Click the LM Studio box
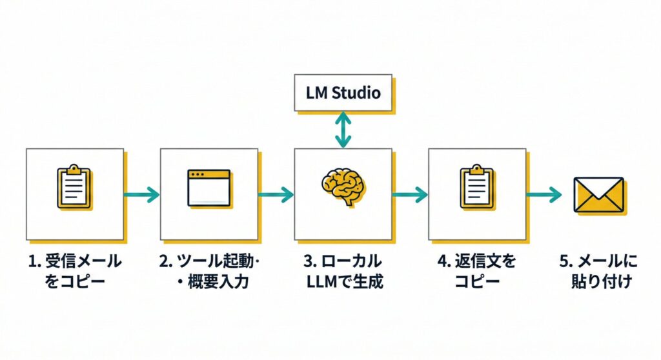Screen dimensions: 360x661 [x=343, y=92]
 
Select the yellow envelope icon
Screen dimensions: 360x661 [x=598, y=194]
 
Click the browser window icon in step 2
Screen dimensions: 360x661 [x=208, y=188]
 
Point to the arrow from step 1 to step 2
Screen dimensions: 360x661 [x=141, y=194]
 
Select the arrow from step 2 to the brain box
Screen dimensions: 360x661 [x=276, y=194]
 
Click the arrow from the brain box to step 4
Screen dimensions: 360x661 [x=410, y=194]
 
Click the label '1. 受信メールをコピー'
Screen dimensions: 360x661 [x=75, y=272]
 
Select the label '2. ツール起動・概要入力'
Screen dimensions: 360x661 [x=208, y=272]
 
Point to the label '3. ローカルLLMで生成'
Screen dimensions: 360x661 [x=342, y=272]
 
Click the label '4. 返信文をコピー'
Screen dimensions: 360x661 [x=476, y=272]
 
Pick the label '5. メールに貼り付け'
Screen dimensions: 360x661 [x=598, y=272]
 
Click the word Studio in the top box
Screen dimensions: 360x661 [x=357, y=93]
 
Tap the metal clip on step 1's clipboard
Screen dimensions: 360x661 [x=74, y=170]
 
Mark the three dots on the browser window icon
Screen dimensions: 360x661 [x=196, y=175]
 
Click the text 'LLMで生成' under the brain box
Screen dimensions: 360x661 [x=343, y=282]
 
